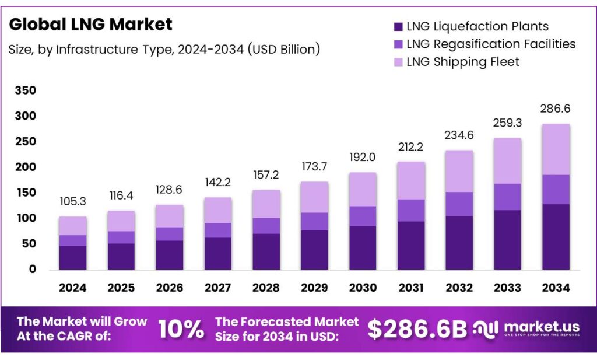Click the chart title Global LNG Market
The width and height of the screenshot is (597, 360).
(90, 25)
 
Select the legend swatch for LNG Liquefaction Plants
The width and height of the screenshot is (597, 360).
(399, 26)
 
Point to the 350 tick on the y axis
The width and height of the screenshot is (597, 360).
(27, 90)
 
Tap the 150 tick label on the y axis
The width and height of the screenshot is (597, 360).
(27, 193)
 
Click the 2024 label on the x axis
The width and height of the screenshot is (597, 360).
(73, 288)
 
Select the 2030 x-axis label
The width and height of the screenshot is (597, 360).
(363, 288)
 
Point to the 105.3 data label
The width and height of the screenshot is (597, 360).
(73, 201)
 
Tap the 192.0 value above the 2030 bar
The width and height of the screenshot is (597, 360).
(363, 157)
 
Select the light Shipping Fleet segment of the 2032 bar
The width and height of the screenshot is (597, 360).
(459, 172)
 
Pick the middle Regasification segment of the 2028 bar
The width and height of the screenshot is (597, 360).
(266, 226)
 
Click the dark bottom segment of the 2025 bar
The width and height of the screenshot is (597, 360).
(121, 256)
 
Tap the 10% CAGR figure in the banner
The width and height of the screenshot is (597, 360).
(181, 330)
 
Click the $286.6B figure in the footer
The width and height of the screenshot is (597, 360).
(417, 330)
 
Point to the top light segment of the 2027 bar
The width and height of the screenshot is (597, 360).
(217, 210)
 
